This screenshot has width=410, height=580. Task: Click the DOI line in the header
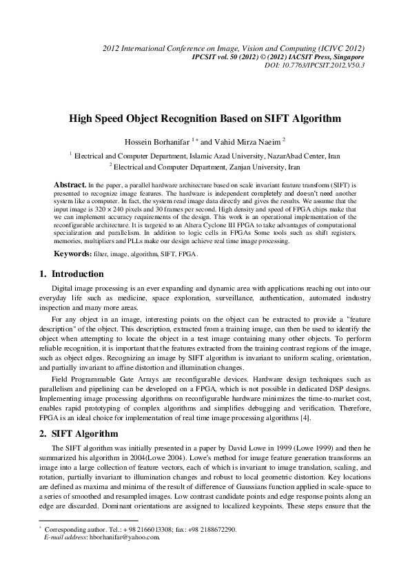pos(314,65)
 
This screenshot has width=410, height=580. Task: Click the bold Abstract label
pos(70,185)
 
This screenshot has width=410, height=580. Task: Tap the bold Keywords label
pos(73,253)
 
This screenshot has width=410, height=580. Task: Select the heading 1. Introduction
pos(72,274)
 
